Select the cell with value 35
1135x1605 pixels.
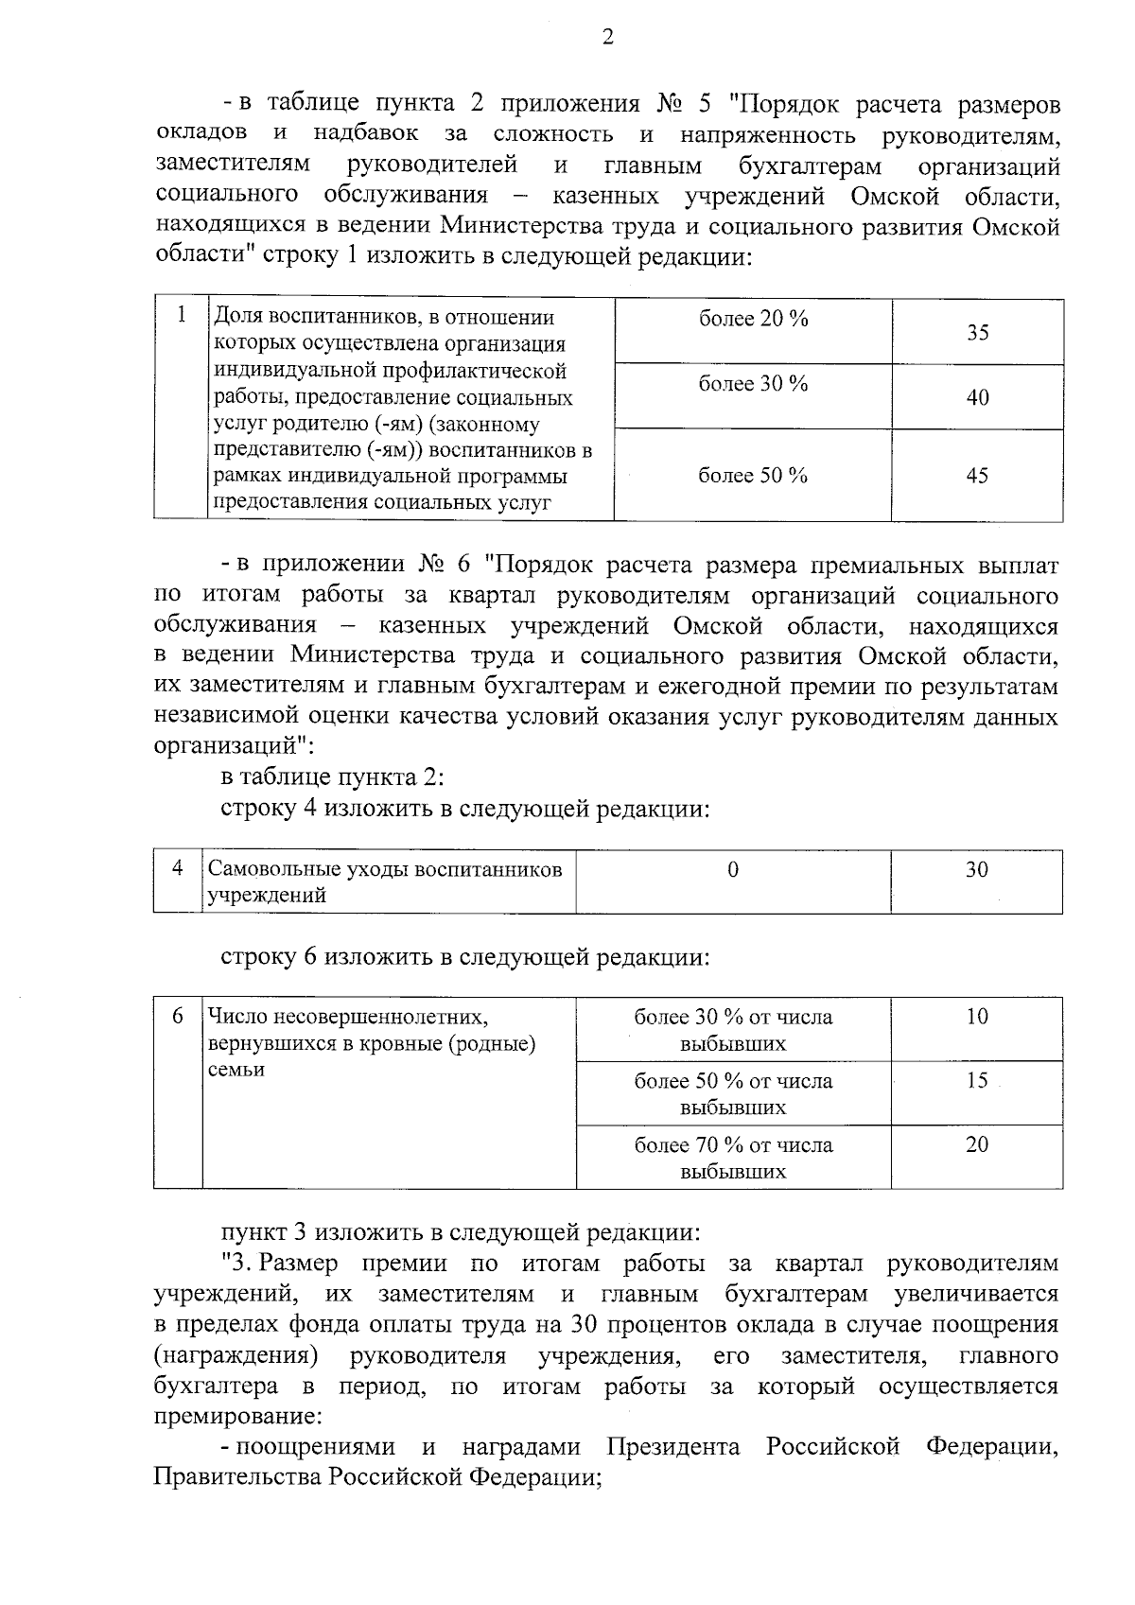coord(977,332)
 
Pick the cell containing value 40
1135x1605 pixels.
coord(977,397)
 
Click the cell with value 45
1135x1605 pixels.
coord(977,476)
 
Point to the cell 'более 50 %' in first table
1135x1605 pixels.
coord(753,476)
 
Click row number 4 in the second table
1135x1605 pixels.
coord(178,868)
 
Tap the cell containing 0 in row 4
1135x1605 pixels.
coord(733,869)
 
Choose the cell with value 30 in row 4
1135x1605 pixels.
coord(977,868)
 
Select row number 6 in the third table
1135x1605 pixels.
coord(178,1017)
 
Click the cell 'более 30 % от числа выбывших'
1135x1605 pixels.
coord(733,1030)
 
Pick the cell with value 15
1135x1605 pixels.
coord(977,1080)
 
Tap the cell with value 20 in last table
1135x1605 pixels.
coord(977,1144)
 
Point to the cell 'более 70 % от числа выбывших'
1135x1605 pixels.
coord(733,1158)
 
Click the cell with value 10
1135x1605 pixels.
coord(977,1017)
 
